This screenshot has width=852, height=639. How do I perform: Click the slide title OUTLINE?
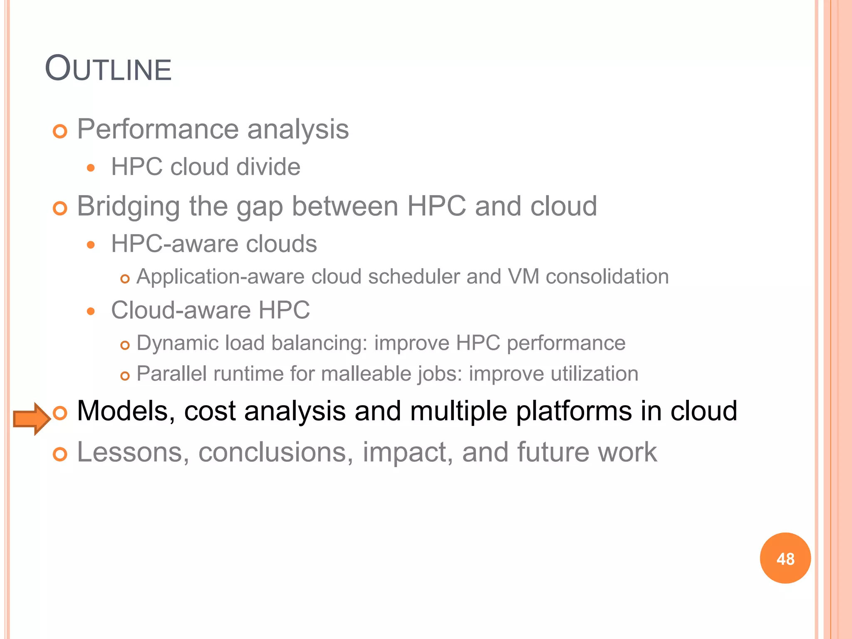(x=108, y=69)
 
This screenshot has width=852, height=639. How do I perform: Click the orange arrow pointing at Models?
(x=32, y=419)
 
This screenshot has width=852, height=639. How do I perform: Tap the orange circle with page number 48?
(x=785, y=558)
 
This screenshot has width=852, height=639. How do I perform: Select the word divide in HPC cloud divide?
(x=268, y=167)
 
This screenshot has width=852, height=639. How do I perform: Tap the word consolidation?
(x=607, y=277)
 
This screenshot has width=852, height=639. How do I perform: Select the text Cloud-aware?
(x=181, y=310)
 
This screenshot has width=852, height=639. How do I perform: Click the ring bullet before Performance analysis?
(x=60, y=132)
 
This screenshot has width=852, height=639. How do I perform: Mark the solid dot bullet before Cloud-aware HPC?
(x=91, y=311)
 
